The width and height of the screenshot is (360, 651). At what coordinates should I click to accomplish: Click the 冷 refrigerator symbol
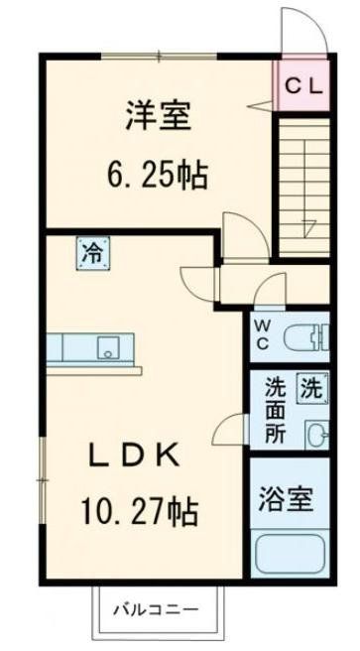coord(90,252)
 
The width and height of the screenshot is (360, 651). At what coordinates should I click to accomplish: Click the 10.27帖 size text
coord(138,514)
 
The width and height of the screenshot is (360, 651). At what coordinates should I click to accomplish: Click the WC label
coord(263,331)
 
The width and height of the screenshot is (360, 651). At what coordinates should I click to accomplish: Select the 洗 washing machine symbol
coord(311,386)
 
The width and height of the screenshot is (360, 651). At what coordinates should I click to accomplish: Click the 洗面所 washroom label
coord(274,411)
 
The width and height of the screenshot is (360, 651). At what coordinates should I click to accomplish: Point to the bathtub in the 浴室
coord(289,552)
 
